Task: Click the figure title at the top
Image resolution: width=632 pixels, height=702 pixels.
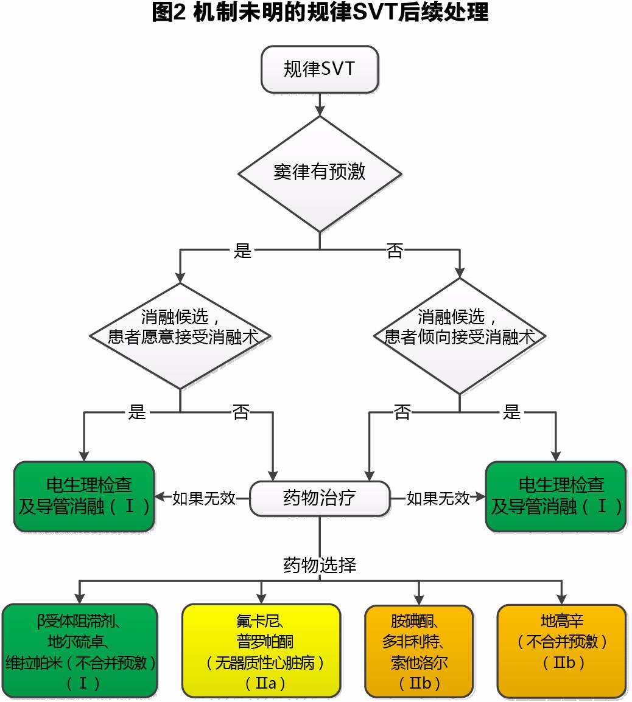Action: pyautogui.click(x=320, y=13)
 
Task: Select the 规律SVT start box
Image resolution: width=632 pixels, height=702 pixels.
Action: pyautogui.click(x=320, y=69)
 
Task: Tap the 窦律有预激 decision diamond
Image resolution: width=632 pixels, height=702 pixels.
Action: pyautogui.click(x=320, y=173)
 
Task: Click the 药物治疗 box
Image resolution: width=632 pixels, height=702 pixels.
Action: pyautogui.click(x=320, y=498)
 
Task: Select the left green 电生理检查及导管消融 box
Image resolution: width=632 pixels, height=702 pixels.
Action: pyautogui.click(x=84, y=496)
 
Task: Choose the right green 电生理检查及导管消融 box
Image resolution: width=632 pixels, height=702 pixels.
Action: pyautogui.click(x=555, y=496)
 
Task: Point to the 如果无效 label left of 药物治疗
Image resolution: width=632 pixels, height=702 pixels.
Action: pyautogui.click(x=204, y=498)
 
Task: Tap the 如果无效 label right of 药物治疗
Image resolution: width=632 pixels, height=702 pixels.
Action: pyautogui.click(x=438, y=498)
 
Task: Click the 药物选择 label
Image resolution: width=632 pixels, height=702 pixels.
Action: pyautogui.click(x=320, y=565)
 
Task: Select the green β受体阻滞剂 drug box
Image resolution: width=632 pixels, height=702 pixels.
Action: pyautogui.click(x=80, y=651)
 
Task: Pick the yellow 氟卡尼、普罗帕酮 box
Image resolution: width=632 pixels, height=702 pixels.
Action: pyautogui.click(x=261, y=651)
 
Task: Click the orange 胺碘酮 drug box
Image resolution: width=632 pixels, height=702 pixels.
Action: pyautogui.click(x=419, y=651)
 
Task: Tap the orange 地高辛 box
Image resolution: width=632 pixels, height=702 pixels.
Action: pyautogui.click(x=561, y=651)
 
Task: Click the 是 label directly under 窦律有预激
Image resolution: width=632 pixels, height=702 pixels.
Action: pyautogui.click(x=242, y=251)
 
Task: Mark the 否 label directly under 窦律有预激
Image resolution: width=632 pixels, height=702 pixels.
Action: pyautogui.click(x=395, y=251)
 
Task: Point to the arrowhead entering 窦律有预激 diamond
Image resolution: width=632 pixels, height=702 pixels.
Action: pyautogui.click(x=320, y=110)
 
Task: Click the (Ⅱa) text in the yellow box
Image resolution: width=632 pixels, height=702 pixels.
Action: pyautogui.click(x=261, y=683)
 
